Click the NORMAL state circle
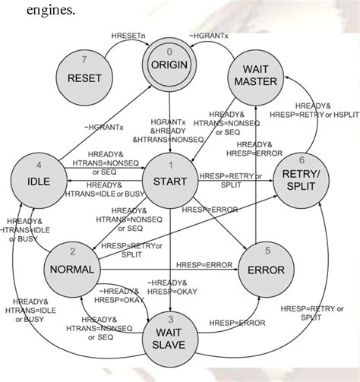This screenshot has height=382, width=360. (72, 267)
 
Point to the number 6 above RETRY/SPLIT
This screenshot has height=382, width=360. (302, 161)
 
